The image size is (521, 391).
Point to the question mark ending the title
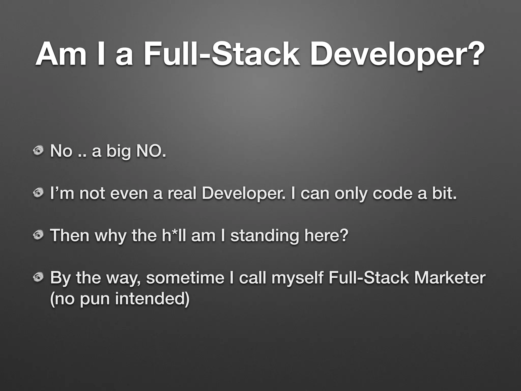tap(472, 55)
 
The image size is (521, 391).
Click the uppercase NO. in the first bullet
tap(151, 151)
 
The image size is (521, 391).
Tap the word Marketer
tap(450, 278)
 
